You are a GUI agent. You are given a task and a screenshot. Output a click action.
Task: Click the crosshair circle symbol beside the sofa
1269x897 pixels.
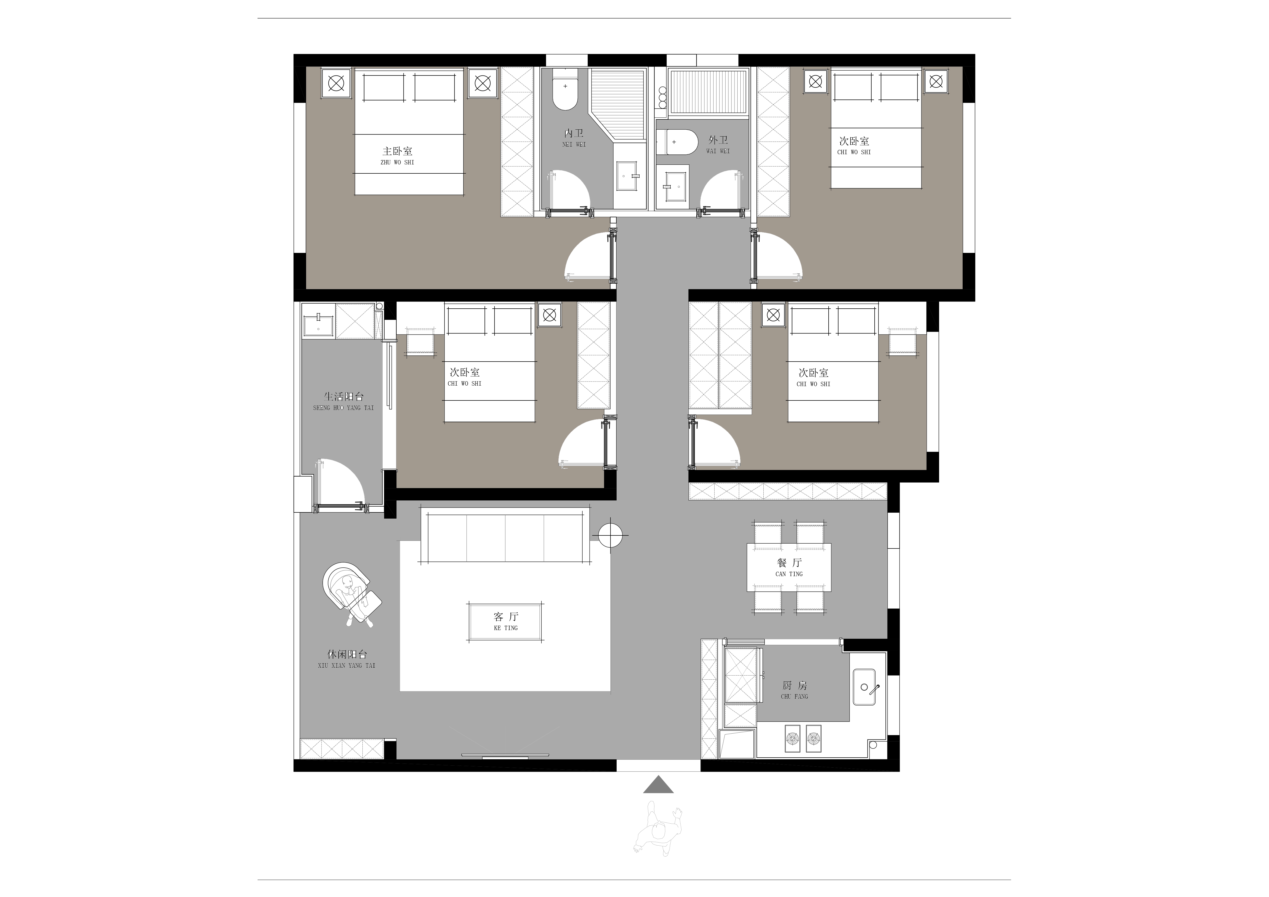610,535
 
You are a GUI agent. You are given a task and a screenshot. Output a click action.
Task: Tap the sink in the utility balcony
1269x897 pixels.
318,321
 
